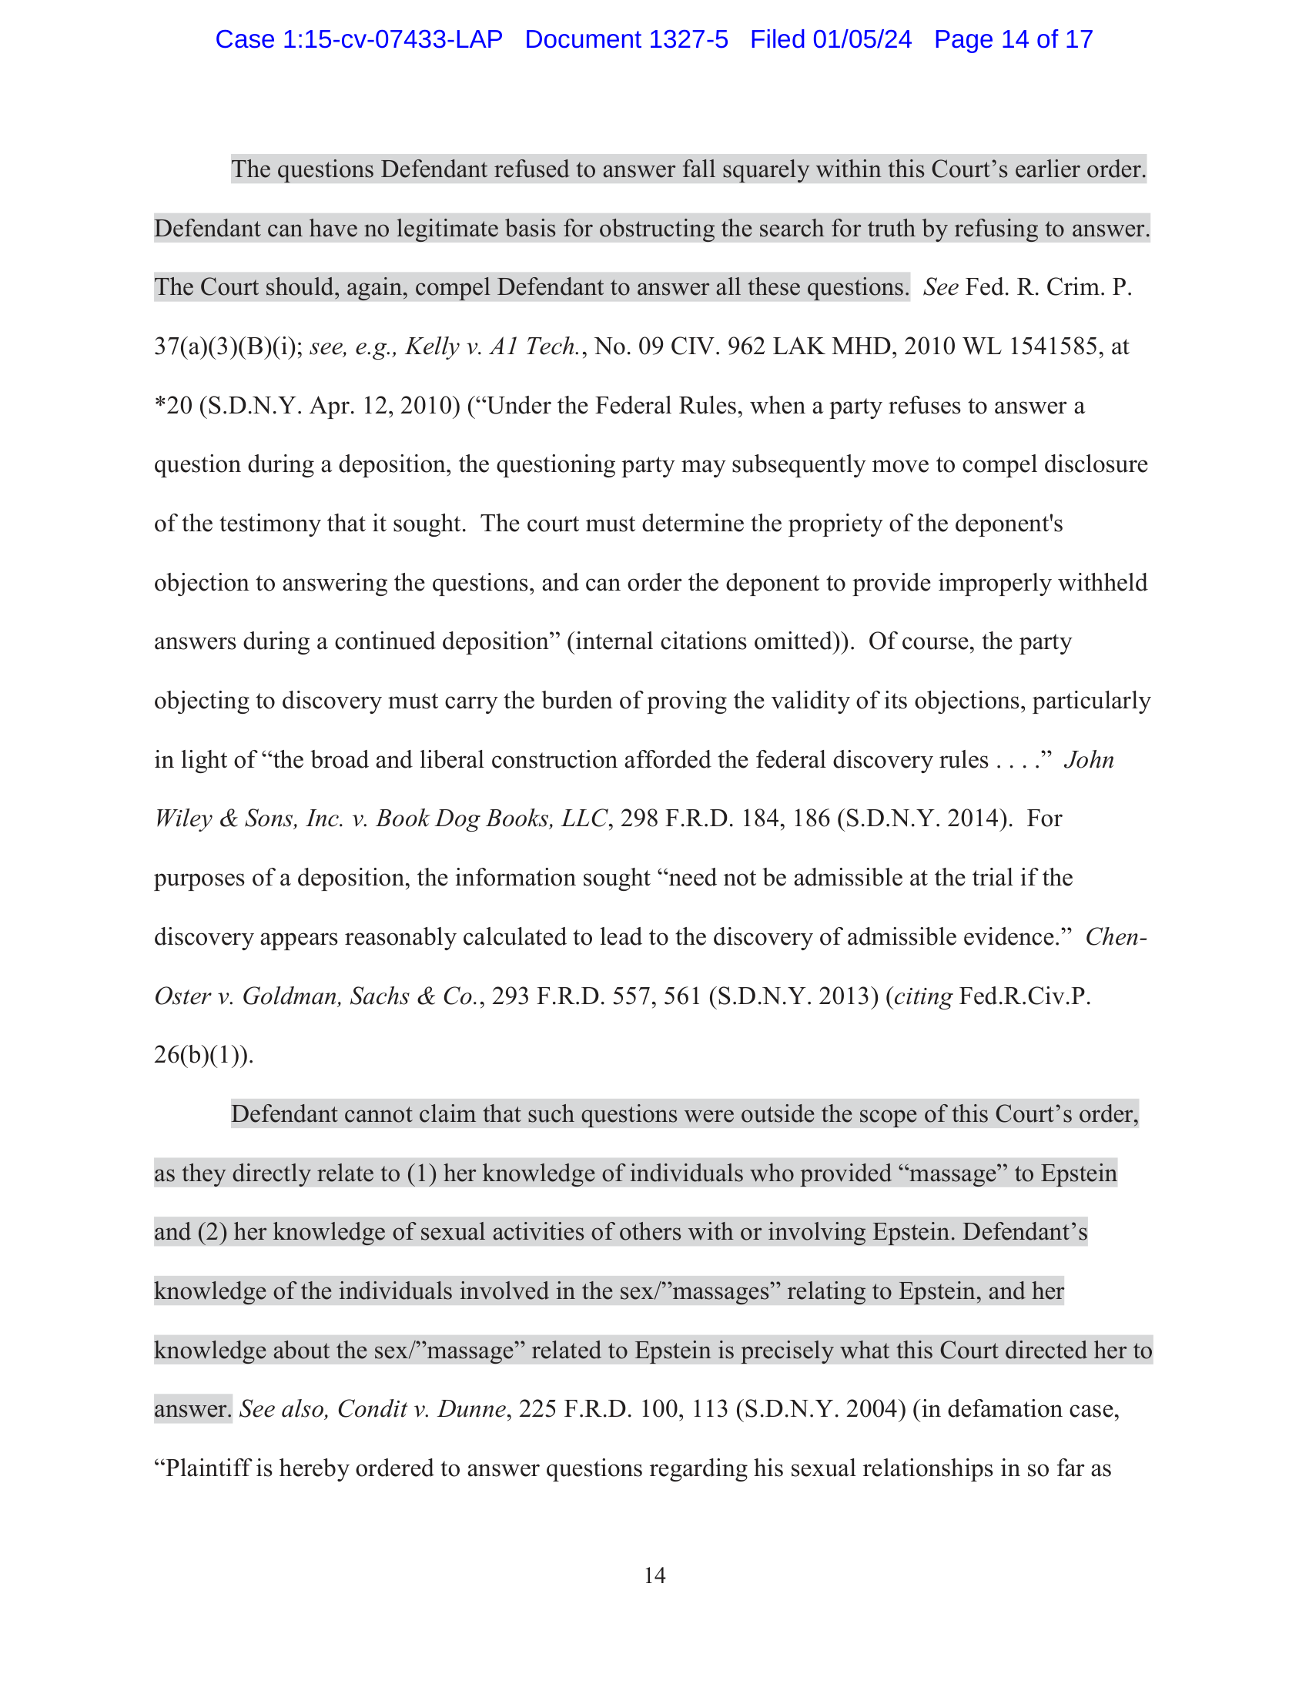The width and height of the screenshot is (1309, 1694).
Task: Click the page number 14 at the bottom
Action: pyautogui.click(x=654, y=1575)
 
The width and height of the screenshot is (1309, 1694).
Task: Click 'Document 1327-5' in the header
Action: pyautogui.click(x=626, y=39)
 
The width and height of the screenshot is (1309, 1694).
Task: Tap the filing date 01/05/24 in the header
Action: pyautogui.click(x=862, y=39)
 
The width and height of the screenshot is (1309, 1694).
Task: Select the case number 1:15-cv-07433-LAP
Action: pyautogui.click(x=393, y=39)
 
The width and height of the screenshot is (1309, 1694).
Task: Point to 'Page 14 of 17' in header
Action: pyautogui.click(x=1013, y=39)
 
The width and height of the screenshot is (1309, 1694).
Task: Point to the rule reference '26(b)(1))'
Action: pyautogui.click(x=203, y=1055)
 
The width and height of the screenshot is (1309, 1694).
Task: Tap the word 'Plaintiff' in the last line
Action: pyautogui.click(x=208, y=1468)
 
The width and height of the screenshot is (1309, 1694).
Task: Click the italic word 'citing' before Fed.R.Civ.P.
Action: pyautogui.click(x=922, y=996)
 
